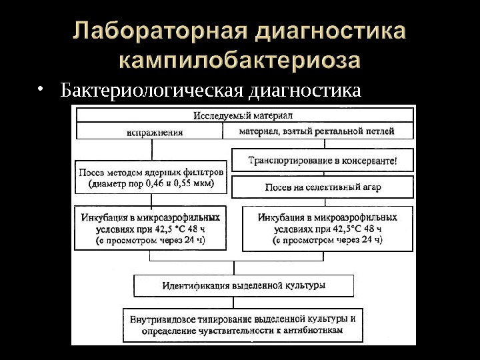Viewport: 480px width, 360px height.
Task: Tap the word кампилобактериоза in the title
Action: click(241, 61)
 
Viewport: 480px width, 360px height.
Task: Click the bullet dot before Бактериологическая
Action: click(41, 89)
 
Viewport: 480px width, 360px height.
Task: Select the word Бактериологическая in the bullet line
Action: click(153, 89)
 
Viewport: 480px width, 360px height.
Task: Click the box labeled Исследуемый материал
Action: click(243, 115)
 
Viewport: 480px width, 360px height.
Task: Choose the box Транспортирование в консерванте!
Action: click(323, 160)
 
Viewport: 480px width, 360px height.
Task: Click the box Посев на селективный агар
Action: click(323, 187)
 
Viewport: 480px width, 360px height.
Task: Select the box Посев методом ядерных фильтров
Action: click(151, 177)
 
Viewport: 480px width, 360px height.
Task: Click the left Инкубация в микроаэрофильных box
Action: click(151, 227)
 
